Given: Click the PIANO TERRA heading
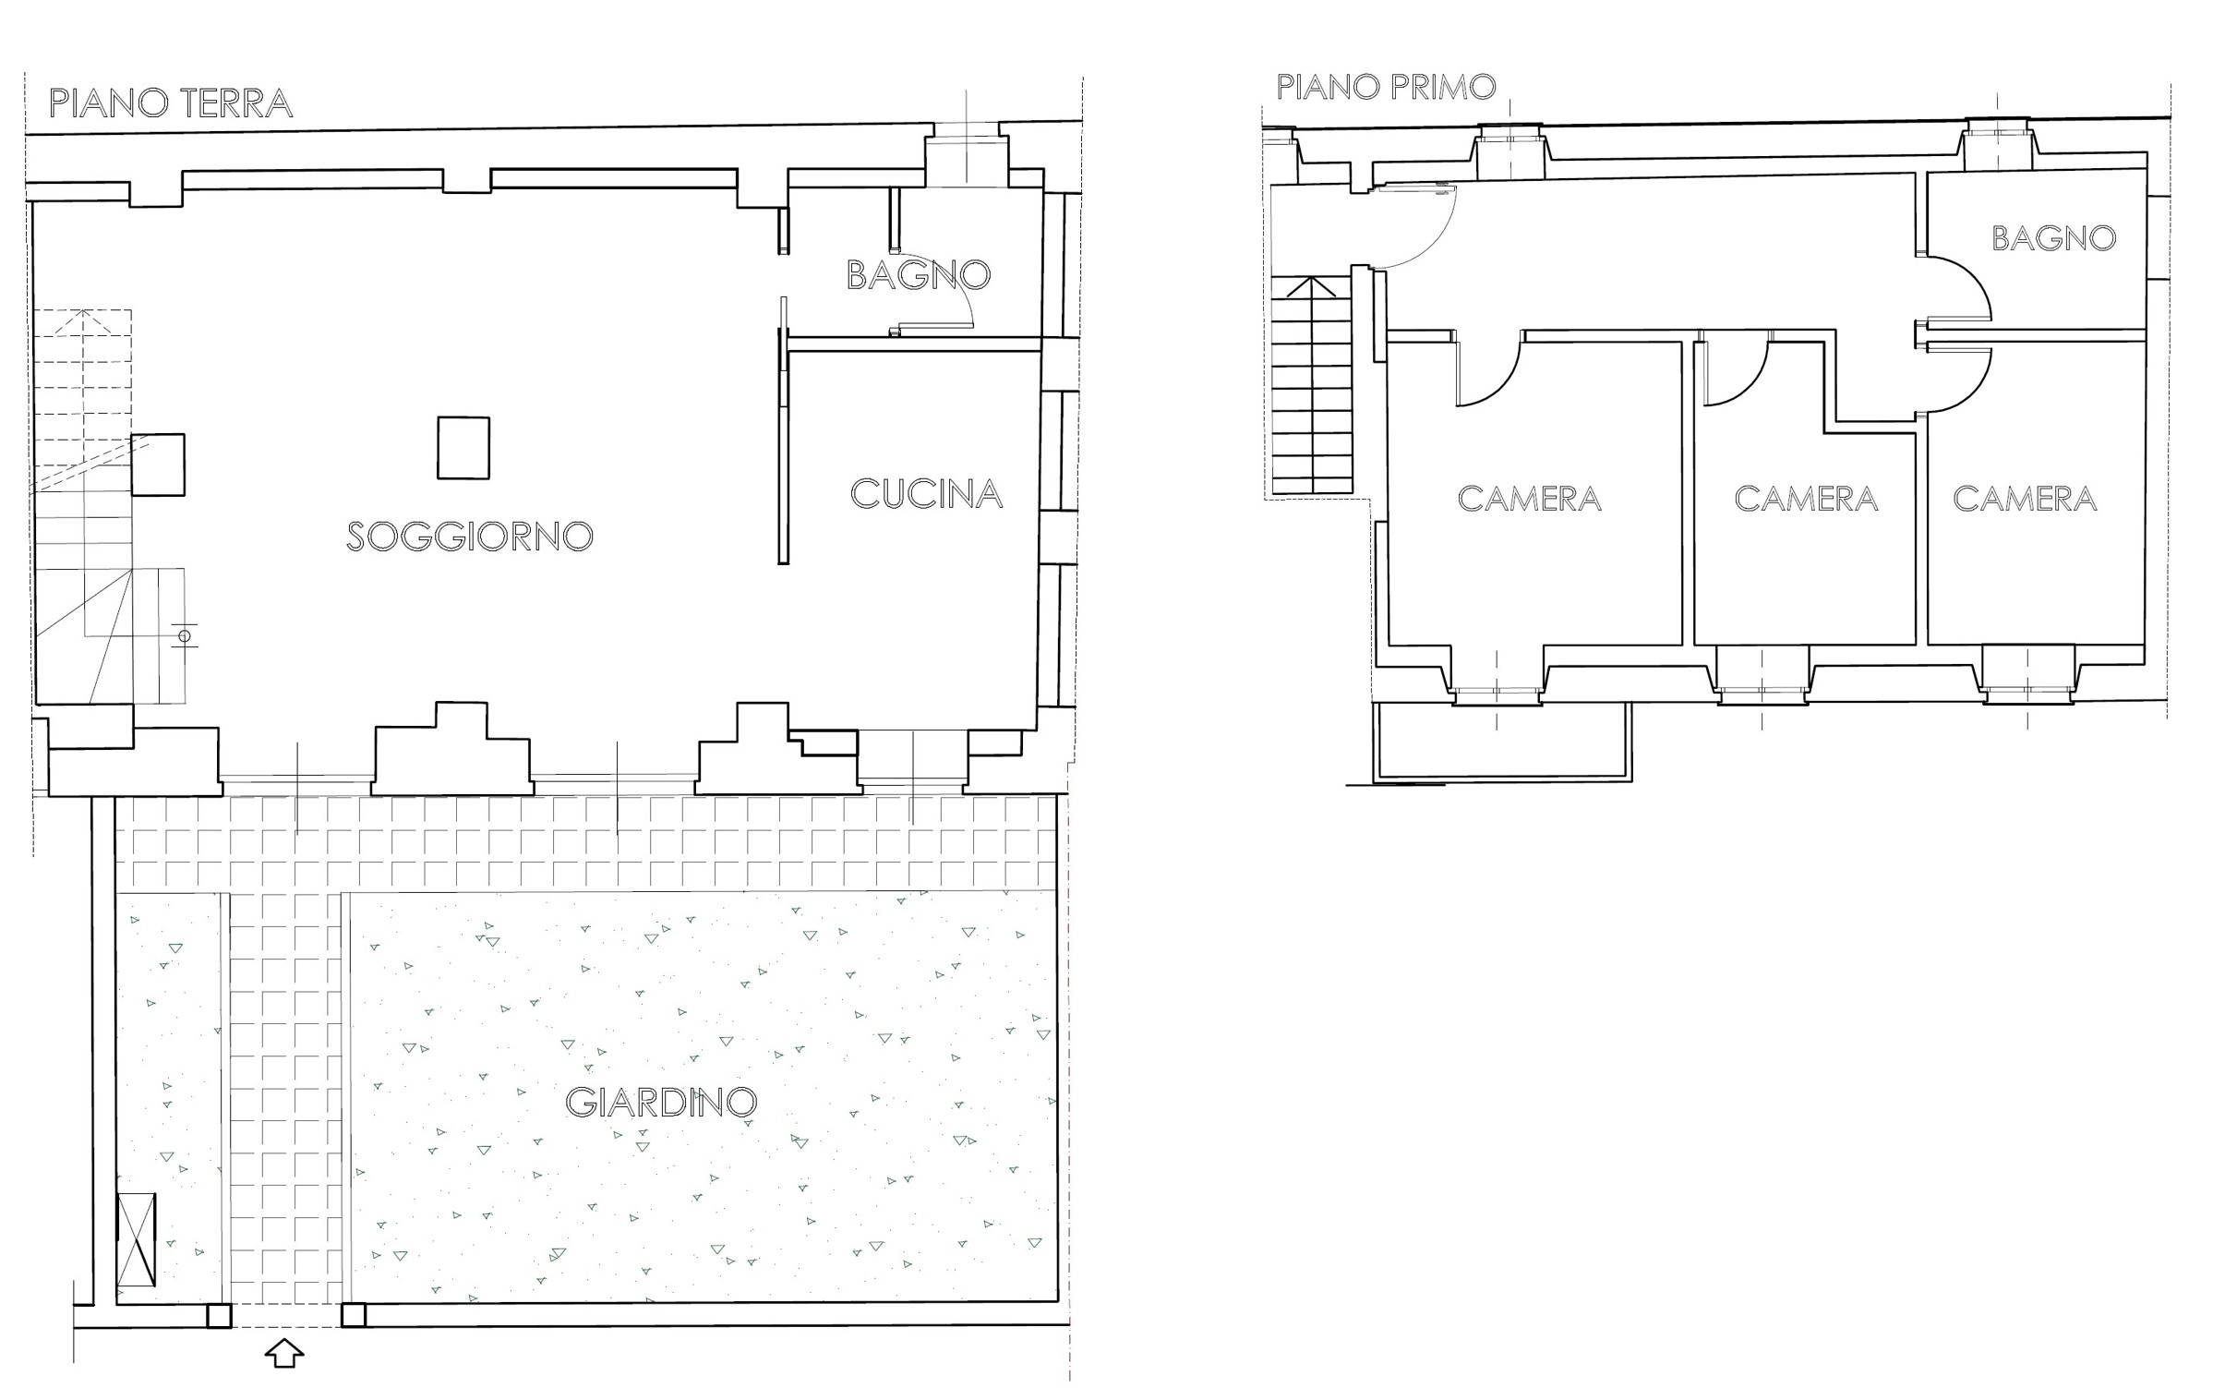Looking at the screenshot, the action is coord(171,103).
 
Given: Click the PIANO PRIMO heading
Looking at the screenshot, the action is coord(1386,87).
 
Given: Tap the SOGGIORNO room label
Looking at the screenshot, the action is coord(469,537).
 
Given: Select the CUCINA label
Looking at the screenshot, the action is coord(926,494).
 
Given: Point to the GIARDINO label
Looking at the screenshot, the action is coord(661,1102).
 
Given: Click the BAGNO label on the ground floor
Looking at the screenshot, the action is coord(919,274).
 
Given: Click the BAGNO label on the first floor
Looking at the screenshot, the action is coord(2053,238).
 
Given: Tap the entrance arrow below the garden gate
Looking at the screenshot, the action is coord(284,1353).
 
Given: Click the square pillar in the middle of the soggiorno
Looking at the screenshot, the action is coord(463,448).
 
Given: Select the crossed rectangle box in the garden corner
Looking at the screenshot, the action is coord(137,1239).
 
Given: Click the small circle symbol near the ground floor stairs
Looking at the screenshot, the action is coord(185,635).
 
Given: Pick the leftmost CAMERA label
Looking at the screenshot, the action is coord(1529,499).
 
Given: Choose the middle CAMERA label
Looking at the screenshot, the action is coord(1806,499).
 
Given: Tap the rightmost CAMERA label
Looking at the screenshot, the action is coord(2025,499).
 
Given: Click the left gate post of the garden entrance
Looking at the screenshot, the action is coord(219,1315).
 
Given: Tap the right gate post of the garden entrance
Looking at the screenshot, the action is coord(354,1315).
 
